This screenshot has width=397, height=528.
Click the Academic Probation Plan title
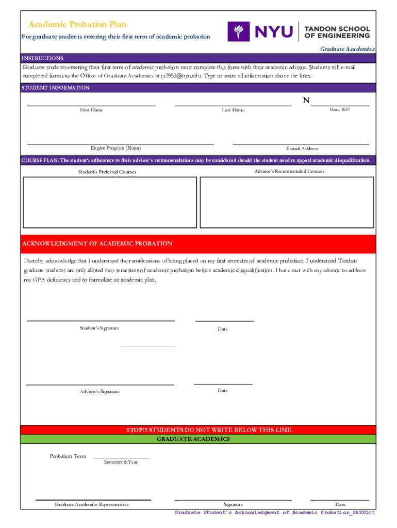point(77,25)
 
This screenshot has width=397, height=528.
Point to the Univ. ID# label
point(340,110)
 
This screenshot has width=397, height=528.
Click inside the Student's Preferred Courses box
point(110,202)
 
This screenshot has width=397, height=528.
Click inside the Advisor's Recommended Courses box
point(287,202)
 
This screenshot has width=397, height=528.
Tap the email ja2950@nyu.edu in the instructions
point(180,76)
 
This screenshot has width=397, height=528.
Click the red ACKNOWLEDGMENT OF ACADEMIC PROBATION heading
point(97,243)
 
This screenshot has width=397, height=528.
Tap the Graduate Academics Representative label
point(92,504)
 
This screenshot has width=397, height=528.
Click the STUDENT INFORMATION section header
point(56,88)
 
